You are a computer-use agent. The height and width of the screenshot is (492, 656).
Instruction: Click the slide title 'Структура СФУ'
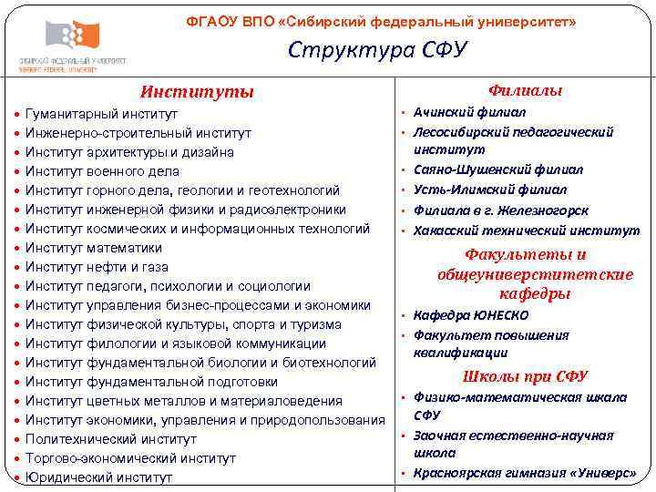coord(377,50)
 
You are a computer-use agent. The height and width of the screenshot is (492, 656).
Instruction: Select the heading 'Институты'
coord(196,92)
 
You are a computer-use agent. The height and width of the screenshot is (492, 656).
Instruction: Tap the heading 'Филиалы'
coord(525,90)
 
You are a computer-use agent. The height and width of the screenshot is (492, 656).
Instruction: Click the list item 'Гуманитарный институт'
coord(101,114)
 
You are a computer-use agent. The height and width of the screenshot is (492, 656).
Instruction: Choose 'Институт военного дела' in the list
coord(102,171)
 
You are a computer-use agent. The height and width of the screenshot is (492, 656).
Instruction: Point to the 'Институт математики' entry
coord(93,248)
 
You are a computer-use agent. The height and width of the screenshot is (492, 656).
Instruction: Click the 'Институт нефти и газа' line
coord(97,267)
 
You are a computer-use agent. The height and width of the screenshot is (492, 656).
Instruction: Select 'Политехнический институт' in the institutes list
coord(110,439)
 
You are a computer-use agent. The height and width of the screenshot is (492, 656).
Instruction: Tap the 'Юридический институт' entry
coord(98,477)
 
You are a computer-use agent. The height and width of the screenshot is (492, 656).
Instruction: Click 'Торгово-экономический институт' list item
coord(130,458)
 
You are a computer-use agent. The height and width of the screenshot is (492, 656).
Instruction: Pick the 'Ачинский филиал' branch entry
coord(469,112)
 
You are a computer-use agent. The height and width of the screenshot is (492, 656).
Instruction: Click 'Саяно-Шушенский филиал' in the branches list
coord(498,169)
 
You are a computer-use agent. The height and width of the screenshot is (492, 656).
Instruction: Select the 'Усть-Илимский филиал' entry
coord(489,190)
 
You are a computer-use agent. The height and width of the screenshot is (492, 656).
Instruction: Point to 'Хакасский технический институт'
coord(526,231)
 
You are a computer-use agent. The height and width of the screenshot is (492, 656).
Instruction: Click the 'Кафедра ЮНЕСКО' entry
coord(470,315)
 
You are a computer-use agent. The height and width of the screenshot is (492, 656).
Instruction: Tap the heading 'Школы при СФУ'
coord(525,376)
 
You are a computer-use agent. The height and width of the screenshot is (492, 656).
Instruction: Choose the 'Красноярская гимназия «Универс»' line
coord(524,472)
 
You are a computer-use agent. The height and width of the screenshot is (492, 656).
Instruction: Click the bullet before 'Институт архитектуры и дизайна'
coord(17,153)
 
